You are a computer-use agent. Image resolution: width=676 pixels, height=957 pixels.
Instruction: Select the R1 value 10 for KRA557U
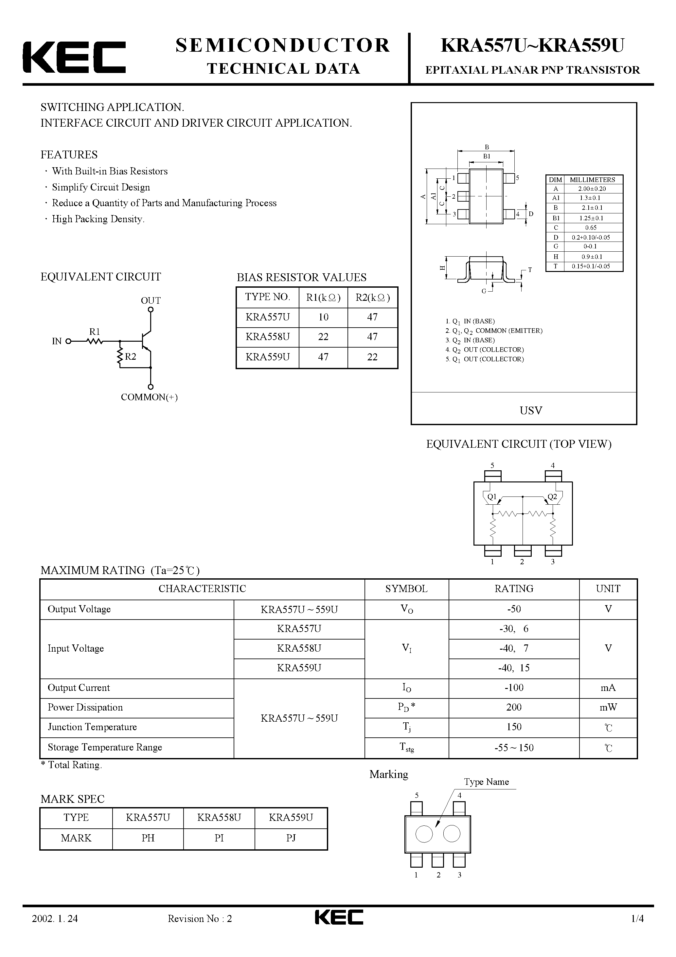coord(323,317)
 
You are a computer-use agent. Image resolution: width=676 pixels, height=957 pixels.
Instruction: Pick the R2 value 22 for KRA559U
coord(372,357)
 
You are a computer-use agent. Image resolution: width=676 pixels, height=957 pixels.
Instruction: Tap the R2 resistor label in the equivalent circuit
coord(131,356)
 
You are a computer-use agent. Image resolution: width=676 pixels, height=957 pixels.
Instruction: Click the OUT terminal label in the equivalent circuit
coord(151,300)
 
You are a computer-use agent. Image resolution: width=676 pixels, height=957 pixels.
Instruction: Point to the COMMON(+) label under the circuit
coord(149,397)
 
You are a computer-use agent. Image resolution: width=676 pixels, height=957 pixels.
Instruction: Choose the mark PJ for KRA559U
coord(291,838)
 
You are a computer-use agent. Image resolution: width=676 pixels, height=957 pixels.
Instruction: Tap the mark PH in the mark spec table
coord(148,838)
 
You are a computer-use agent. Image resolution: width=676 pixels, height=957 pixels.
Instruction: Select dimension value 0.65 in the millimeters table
coord(591,227)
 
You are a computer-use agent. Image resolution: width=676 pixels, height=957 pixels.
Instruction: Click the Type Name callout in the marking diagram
coord(486,782)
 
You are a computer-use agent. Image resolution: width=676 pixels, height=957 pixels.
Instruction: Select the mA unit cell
coord(608,688)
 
